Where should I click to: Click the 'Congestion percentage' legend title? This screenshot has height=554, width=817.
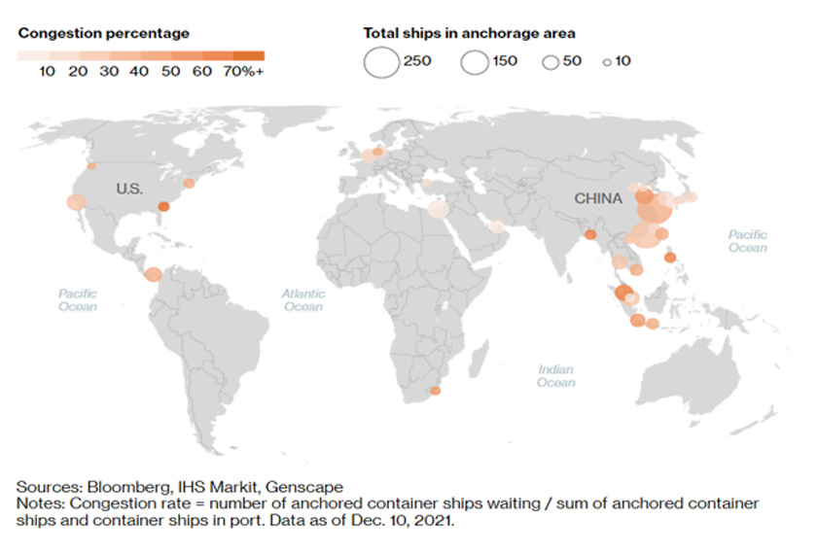104,33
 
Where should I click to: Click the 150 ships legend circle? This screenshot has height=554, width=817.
476,62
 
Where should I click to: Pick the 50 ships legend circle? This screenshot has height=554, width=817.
551,62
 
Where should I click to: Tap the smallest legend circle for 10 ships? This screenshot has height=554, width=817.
606,62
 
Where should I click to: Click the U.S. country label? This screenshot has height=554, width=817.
129,189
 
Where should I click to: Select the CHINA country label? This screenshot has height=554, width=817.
597,198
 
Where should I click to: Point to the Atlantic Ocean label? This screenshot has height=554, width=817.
302,299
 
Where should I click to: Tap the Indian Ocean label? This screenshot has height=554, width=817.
556,375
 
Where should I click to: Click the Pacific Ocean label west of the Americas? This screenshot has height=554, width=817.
78,299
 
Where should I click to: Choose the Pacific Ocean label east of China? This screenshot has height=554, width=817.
748,241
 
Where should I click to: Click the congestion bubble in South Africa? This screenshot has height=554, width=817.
435,391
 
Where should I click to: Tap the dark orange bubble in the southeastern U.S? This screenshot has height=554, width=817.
164,206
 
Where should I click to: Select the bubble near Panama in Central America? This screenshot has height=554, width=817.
153,275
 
